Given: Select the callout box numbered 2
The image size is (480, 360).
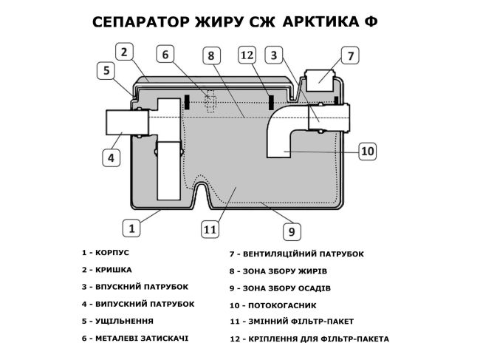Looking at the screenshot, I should pyautogui.click(x=125, y=52).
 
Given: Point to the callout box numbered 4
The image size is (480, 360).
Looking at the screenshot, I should pyautogui.click(x=111, y=157).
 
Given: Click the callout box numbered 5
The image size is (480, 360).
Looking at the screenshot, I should pyautogui.click(x=106, y=71).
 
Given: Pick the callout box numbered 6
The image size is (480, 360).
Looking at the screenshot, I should pyautogui.click(x=166, y=55).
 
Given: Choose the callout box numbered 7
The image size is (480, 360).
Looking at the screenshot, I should pyautogui.click(x=351, y=55).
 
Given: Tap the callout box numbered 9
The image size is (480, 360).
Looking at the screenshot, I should pyautogui.click(x=291, y=231).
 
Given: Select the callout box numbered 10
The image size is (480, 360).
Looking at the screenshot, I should pyautogui.click(x=368, y=151).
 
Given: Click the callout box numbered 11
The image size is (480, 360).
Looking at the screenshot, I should pyautogui.click(x=210, y=229).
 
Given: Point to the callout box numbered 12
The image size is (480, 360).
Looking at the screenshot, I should pyautogui.click(x=247, y=55).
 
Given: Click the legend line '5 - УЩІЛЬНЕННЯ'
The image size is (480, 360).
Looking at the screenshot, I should pyautogui.click(x=118, y=321).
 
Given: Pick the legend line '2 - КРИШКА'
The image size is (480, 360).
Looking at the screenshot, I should pyautogui.click(x=107, y=269).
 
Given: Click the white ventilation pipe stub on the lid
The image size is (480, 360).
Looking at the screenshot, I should pyautogui.click(x=320, y=76).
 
